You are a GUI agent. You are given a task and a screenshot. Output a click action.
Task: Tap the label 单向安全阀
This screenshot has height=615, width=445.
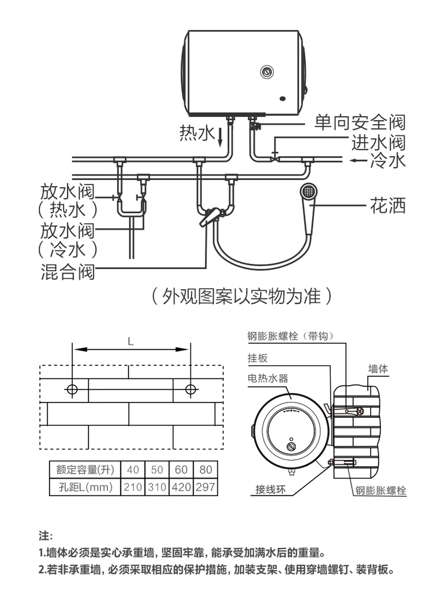point(359,122)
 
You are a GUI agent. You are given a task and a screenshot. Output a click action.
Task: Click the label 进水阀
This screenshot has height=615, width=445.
point(378,143)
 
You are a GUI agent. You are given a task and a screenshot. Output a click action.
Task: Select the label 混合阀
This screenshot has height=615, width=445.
point(68,272)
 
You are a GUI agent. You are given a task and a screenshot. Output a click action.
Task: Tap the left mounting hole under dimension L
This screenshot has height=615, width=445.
point(72,389)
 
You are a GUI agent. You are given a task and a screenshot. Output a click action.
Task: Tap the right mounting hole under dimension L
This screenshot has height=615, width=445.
point(190,389)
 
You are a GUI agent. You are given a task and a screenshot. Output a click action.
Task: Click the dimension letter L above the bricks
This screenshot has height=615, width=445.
point(131,341)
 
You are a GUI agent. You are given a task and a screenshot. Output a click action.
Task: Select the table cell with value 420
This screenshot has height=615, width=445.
point(181,487)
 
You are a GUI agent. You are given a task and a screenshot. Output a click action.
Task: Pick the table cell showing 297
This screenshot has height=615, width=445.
point(205,487)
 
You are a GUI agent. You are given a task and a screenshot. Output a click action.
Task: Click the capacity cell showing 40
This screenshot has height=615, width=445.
point(133,469)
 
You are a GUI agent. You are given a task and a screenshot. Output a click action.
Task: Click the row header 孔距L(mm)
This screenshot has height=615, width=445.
point(85,487)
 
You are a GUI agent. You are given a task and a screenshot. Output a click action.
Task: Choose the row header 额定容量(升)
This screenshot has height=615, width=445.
point(85,469)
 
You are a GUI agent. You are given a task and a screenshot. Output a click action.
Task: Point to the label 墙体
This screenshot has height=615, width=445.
point(378,369)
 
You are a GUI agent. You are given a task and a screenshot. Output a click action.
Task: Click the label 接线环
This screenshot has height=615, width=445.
point(270,489)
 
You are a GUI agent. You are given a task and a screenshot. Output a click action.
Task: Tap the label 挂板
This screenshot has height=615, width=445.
point(258,358)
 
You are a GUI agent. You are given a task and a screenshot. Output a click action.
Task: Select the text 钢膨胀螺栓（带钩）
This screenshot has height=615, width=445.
point(291,336)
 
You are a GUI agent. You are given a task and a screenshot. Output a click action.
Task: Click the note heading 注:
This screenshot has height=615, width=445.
point(45,536)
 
